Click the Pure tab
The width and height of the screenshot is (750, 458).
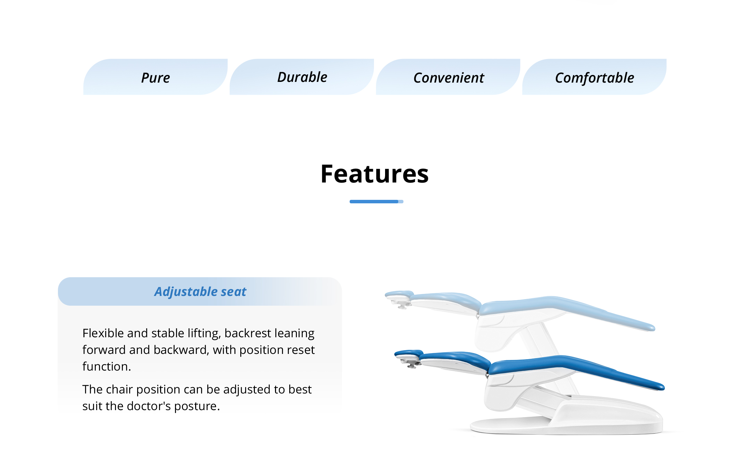[x=156, y=77]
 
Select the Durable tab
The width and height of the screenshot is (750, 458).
[x=302, y=77]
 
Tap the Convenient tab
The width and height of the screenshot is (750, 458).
[x=448, y=77]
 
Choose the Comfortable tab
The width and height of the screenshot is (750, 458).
[x=594, y=77]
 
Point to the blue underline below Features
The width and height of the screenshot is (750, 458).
[x=376, y=202]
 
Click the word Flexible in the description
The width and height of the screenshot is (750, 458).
[x=103, y=333]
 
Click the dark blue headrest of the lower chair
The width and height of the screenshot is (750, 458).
[x=409, y=354]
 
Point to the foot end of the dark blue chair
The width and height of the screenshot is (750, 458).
[x=658, y=386]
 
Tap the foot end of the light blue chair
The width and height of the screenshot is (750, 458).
[x=649, y=327]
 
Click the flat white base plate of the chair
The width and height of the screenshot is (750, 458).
[x=566, y=427]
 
